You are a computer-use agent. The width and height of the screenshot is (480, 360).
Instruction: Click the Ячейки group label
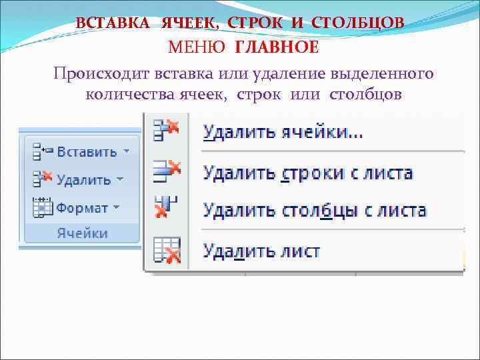coord(82,233)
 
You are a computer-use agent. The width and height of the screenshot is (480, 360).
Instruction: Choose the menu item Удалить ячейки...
coord(283,133)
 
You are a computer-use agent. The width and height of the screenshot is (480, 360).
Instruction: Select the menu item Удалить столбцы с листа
coord(315,211)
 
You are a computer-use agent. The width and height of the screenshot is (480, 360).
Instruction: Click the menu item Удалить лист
coord(262,251)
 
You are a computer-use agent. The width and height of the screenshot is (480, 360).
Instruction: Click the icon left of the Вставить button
coord(43,151)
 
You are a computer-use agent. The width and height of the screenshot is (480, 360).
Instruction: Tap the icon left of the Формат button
coord(43,207)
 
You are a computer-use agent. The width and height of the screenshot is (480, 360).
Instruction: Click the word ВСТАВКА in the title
coord(113,22)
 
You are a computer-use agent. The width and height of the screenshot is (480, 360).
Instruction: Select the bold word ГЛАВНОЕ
coord(276,47)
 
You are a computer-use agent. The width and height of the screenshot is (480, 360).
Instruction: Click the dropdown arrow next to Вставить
coord(126,151)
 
